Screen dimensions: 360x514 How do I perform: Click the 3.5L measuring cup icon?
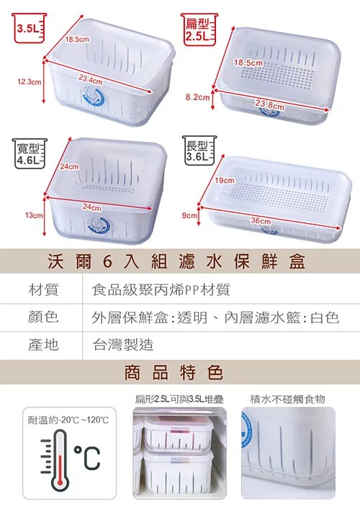point(29,28)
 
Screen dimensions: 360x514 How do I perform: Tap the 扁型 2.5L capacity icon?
point(200,30)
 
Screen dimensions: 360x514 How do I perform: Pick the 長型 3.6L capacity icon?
point(199,150)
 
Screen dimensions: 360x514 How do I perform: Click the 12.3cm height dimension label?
point(30,82)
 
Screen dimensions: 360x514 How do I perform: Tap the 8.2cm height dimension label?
point(198,97)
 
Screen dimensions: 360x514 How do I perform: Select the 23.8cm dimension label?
point(270,106)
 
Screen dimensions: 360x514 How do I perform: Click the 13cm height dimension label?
point(34,215)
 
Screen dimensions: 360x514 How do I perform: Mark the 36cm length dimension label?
point(261,221)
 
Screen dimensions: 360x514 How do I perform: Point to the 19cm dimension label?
point(225,180)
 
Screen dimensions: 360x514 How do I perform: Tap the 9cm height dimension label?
point(189,215)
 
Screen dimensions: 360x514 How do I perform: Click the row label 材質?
point(44,289)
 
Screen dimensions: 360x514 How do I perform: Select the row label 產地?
point(44,345)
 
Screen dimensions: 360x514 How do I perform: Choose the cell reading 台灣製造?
point(122,345)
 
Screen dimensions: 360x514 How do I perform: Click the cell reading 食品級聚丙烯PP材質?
point(161,290)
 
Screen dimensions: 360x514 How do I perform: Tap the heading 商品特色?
point(174,373)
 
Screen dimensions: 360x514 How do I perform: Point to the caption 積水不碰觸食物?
point(287,399)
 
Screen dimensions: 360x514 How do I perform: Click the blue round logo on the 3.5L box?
point(94,97)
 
